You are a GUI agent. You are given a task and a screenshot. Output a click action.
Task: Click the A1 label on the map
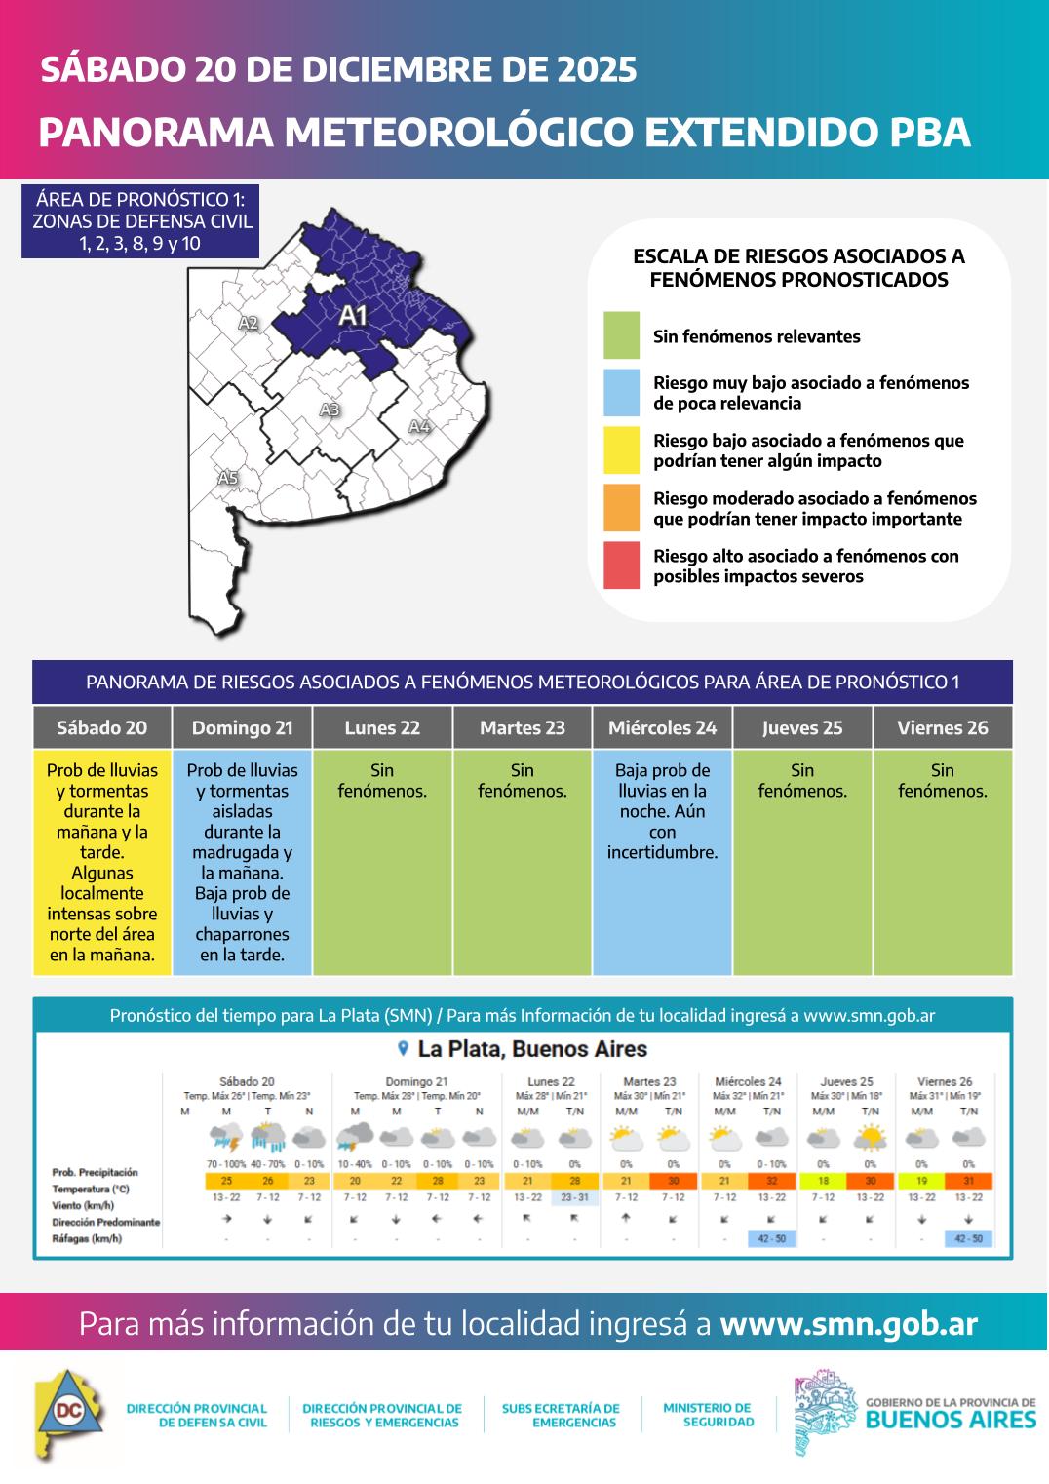353,315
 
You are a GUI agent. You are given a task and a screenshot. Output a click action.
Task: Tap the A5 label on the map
227,478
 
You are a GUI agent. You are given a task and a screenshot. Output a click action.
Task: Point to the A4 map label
419,426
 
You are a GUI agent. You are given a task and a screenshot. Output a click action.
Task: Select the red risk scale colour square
621,566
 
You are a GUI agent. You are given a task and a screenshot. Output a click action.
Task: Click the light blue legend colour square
621,393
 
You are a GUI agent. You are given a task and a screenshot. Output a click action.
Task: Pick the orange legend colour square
621,508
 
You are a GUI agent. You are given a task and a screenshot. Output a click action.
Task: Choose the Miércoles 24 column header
662,728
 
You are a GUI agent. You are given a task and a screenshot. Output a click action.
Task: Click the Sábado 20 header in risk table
102,728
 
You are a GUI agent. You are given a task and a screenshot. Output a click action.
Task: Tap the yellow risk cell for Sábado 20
102,862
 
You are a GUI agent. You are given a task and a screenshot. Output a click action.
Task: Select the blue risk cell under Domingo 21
242,862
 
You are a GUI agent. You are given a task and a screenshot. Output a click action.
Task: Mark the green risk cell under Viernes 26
943,878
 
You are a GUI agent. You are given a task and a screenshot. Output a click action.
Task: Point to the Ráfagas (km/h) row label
87,1239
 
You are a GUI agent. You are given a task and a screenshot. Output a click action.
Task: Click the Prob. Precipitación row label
95,1173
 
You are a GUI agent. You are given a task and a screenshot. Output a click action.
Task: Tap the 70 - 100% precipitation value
226,1164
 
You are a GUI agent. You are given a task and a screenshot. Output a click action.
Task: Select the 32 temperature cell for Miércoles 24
772,1181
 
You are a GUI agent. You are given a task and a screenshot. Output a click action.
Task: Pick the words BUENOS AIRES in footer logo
951,1420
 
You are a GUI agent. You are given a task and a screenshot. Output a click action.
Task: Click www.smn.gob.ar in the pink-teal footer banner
848,1323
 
